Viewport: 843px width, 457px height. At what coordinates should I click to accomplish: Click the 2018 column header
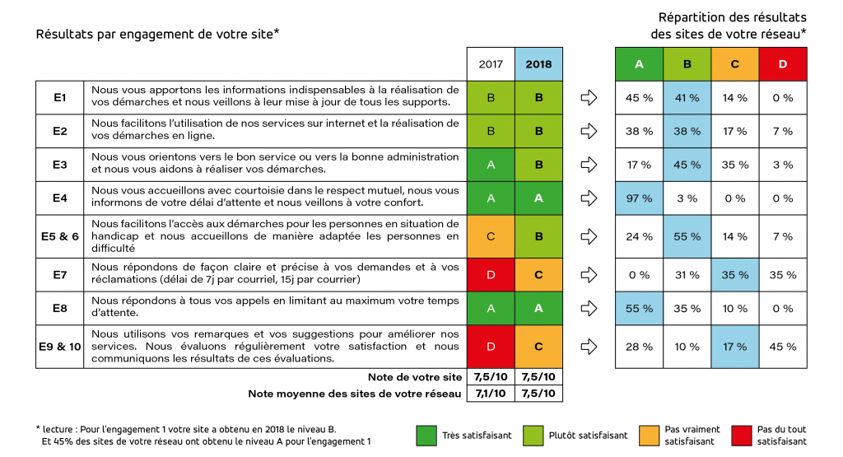point(538,63)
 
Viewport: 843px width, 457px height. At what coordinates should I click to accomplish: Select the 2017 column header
point(491,63)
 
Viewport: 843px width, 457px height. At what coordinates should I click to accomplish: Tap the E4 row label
point(59,198)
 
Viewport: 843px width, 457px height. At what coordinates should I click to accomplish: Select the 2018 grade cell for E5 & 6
point(538,236)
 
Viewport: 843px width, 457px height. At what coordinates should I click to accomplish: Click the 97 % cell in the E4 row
point(640,198)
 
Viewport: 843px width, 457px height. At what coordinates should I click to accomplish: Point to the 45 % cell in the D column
point(783,346)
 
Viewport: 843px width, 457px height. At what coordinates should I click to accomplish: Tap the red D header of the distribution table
point(783,63)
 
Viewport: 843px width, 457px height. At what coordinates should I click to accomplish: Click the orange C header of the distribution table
point(735,63)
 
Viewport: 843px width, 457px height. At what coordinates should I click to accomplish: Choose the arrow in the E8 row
point(589,309)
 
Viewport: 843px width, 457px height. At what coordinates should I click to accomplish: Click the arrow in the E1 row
point(589,97)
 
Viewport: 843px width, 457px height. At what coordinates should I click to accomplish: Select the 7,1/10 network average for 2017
point(491,394)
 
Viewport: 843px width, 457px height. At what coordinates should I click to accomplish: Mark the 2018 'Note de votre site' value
point(538,376)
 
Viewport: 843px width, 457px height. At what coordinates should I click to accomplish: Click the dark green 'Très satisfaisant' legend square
point(426,435)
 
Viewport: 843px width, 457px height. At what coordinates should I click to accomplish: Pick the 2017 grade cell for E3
point(491,165)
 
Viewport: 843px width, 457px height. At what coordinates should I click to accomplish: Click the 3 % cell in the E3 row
point(783,165)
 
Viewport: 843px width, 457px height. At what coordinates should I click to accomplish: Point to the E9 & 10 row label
point(59,346)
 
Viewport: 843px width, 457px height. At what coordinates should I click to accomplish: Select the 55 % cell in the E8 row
point(640,309)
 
